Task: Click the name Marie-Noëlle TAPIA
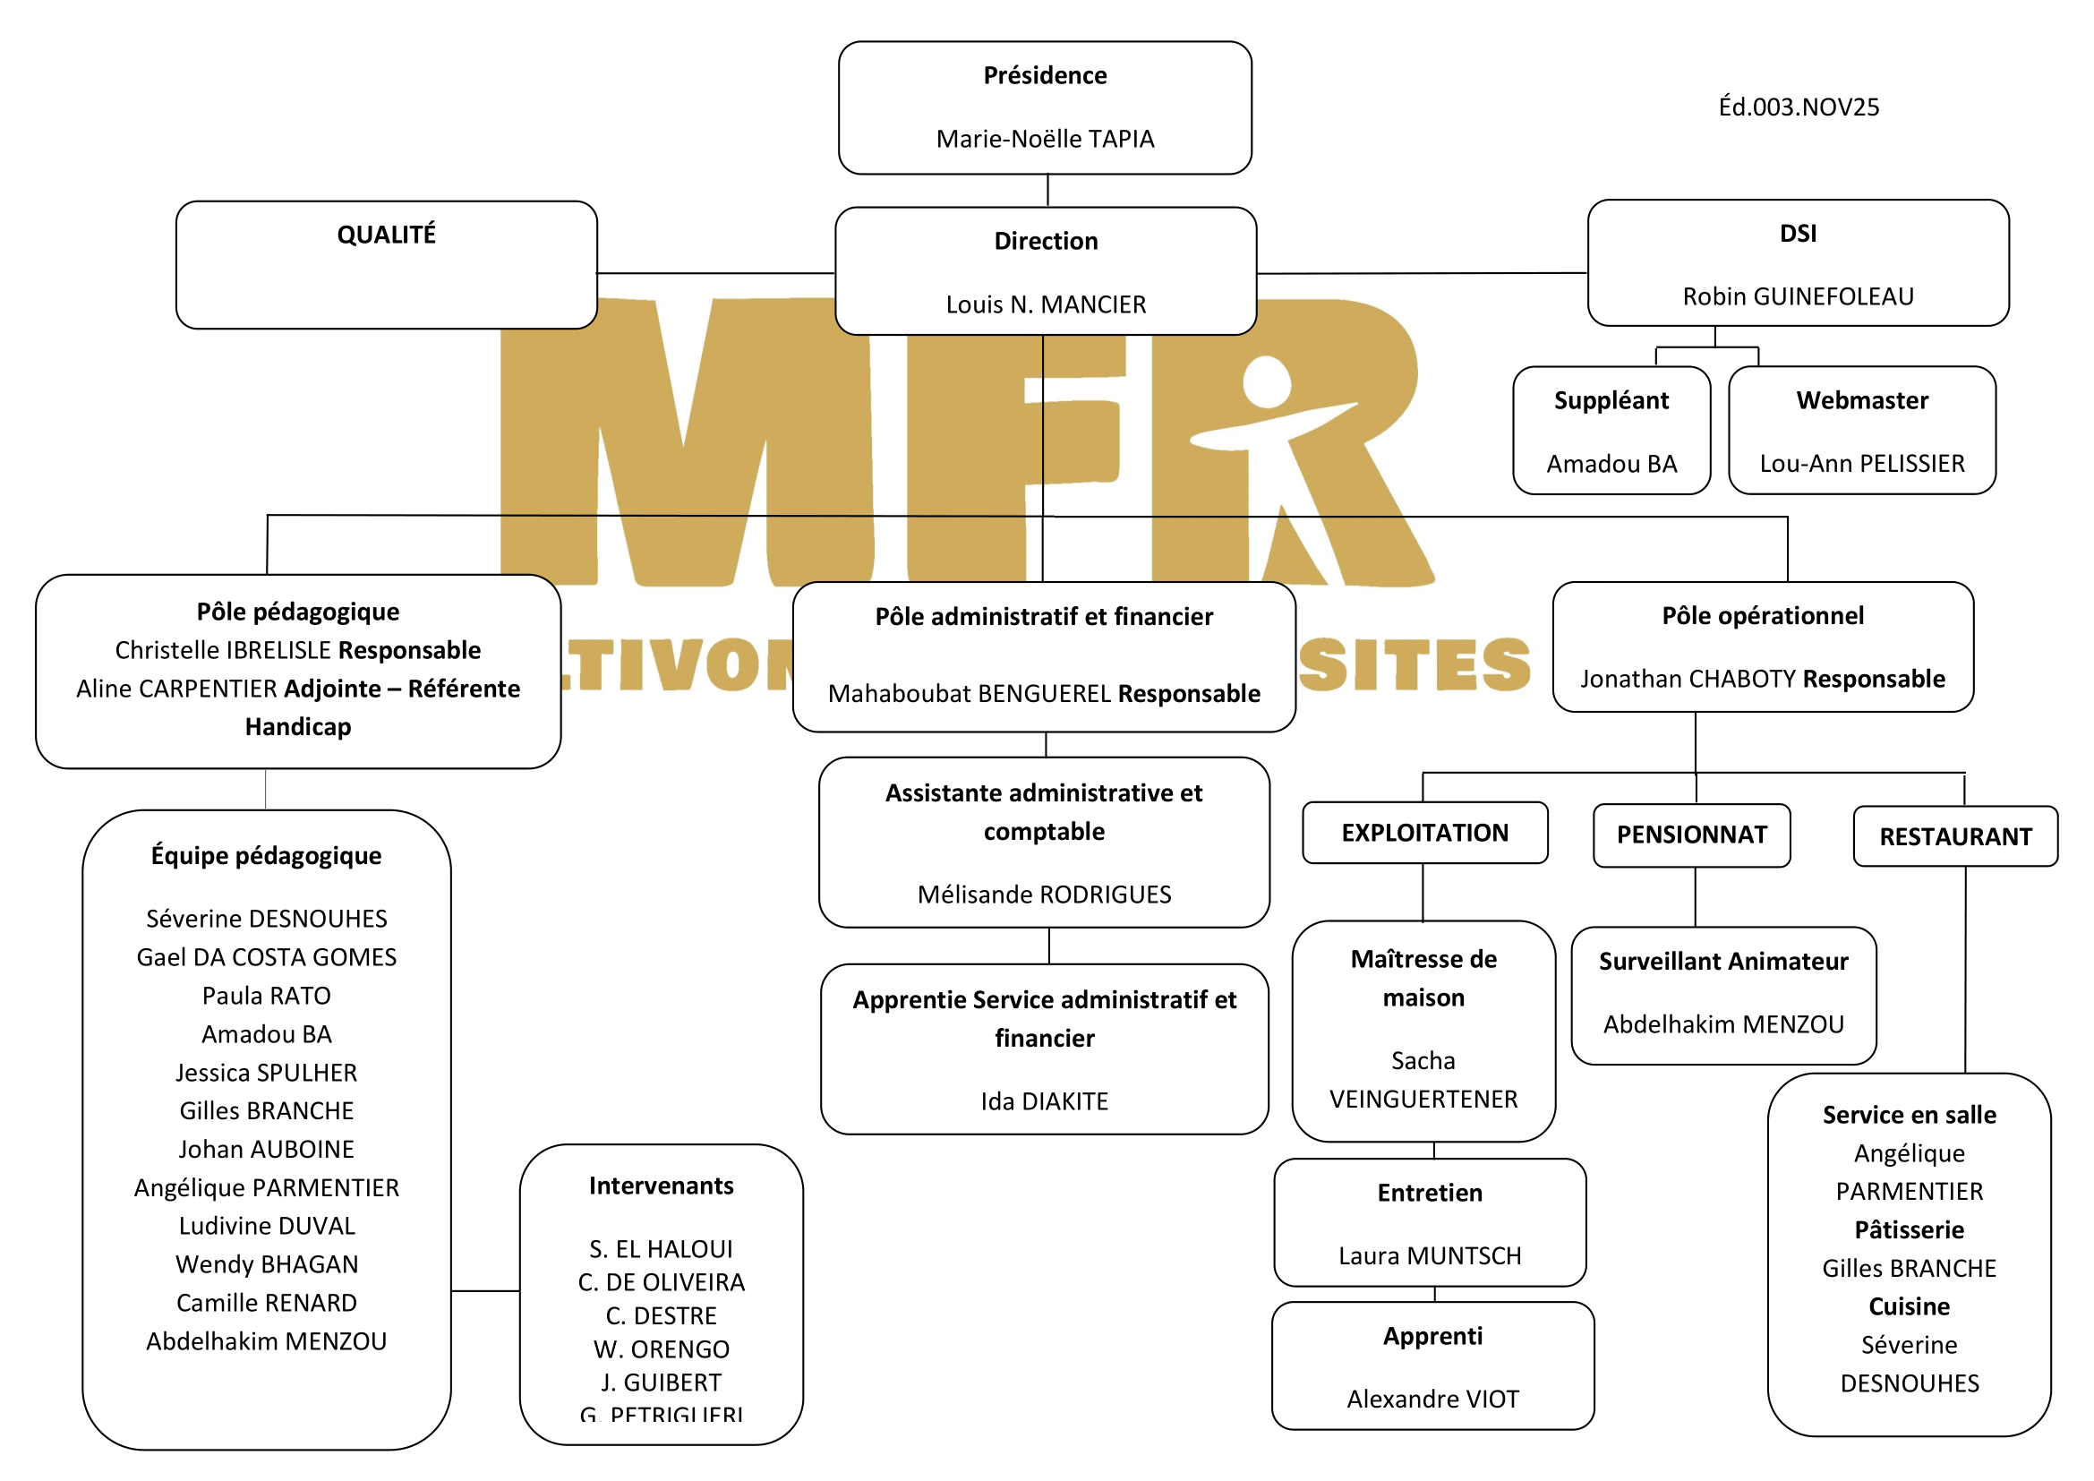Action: point(1045,139)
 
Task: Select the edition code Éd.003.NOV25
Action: point(1798,107)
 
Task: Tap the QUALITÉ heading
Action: point(387,235)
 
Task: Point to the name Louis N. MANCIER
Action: point(1045,304)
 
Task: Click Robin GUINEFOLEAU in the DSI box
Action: point(1798,296)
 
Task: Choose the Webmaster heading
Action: point(1861,400)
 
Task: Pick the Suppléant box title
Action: point(1611,400)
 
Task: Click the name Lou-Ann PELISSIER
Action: point(1861,464)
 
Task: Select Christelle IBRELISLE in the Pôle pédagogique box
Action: point(224,650)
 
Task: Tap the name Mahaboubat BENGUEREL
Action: point(970,694)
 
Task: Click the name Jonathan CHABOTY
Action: point(1688,680)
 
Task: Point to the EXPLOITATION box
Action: point(1424,833)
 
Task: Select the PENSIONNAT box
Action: point(1692,835)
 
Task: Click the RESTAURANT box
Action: point(1955,836)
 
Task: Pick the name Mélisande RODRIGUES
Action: point(1044,895)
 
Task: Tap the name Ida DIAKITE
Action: point(1044,1101)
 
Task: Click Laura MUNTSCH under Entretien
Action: point(1429,1255)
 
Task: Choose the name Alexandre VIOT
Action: point(1432,1399)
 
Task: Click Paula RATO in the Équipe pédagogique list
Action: point(266,996)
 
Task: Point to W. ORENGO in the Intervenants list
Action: point(662,1348)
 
